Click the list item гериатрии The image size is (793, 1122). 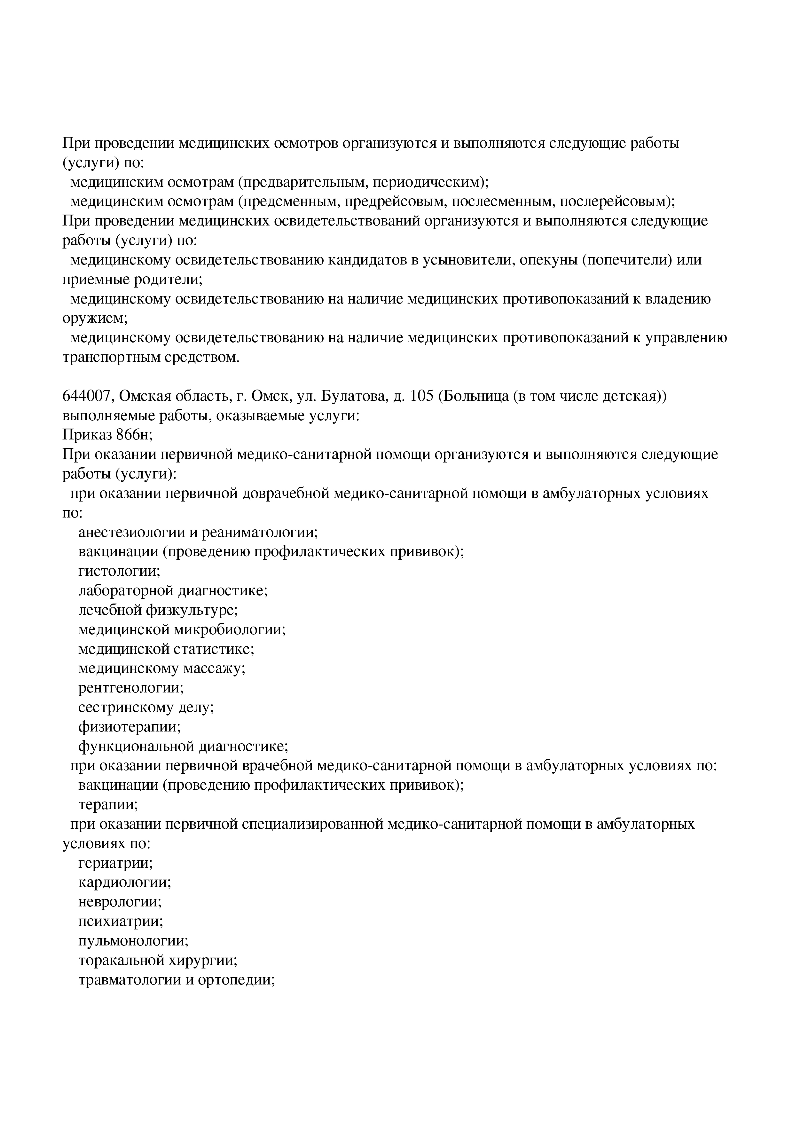[116, 863]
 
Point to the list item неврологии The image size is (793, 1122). [120, 902]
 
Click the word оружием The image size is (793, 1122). [95, 319]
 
